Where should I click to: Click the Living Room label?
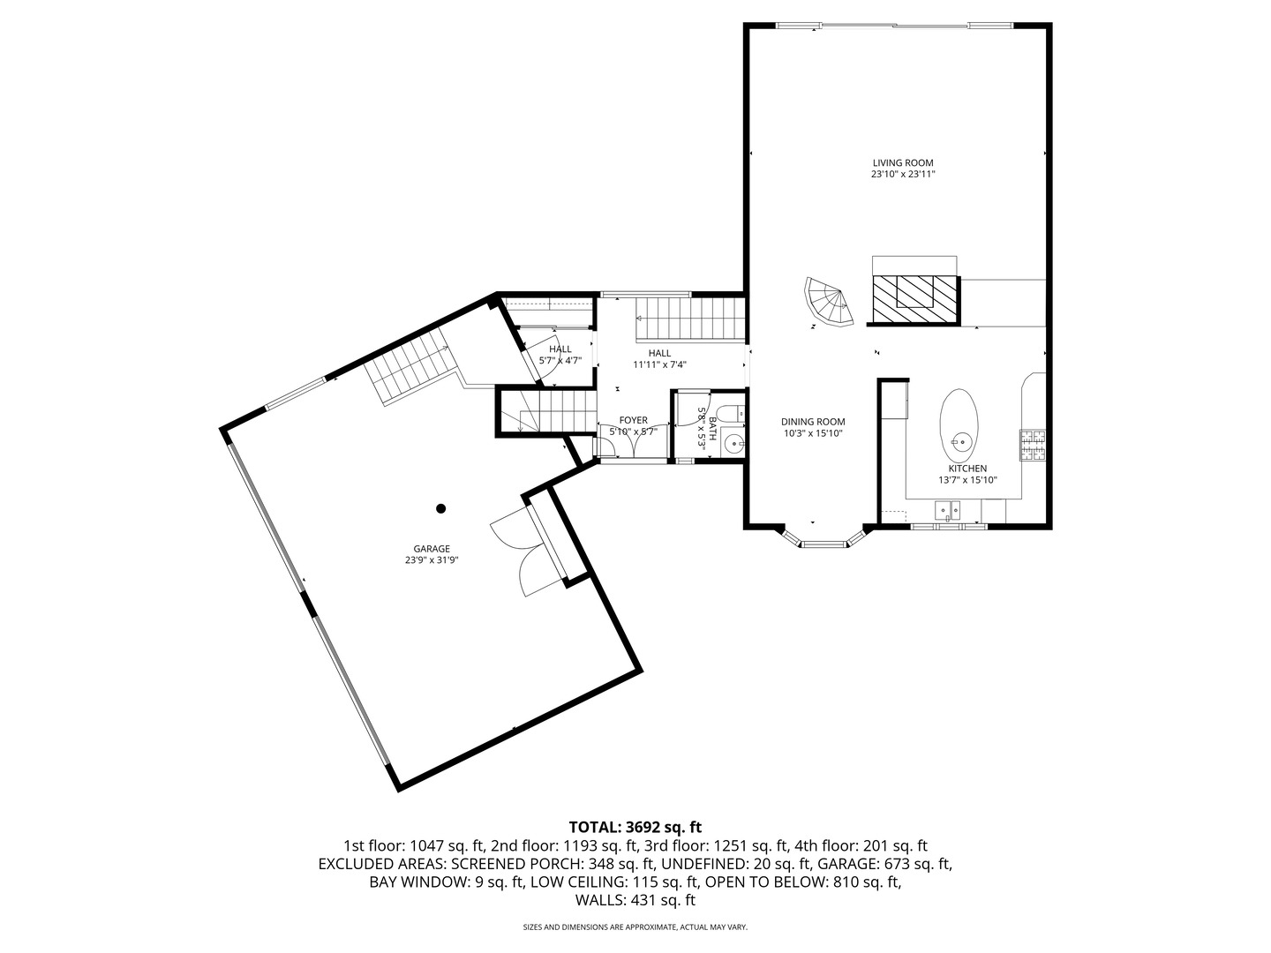[902, 163]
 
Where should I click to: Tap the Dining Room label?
[813, 422]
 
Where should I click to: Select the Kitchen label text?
[967, 469]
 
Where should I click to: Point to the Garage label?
[432, 548]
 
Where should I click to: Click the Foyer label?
[633, 420]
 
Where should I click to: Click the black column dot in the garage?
[441, 508]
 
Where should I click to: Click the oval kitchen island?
[959, 423]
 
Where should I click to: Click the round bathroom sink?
[731, 441]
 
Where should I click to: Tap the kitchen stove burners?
[1033, 445]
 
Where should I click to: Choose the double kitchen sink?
[949, 510]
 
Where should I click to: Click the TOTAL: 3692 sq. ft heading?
[635, 827]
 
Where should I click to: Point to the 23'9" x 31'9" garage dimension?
[432, 559]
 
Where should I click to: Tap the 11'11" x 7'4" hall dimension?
[659, 364]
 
